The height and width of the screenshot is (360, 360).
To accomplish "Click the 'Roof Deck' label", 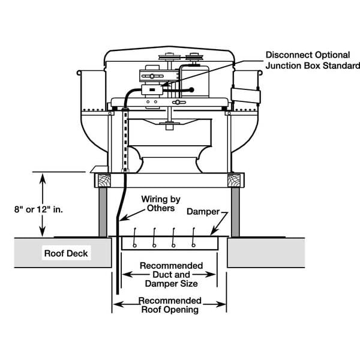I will point(67,253).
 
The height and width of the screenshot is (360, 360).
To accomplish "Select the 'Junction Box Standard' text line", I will point(312,66).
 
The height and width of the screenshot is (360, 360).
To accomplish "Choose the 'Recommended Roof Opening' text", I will point(170,305).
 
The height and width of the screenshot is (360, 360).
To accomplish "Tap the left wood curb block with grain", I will point(100,179).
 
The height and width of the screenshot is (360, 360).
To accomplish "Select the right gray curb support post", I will point(235,212).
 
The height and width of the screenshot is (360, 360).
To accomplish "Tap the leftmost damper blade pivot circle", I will point(135,245).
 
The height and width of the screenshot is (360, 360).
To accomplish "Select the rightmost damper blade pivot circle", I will point(193,245).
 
